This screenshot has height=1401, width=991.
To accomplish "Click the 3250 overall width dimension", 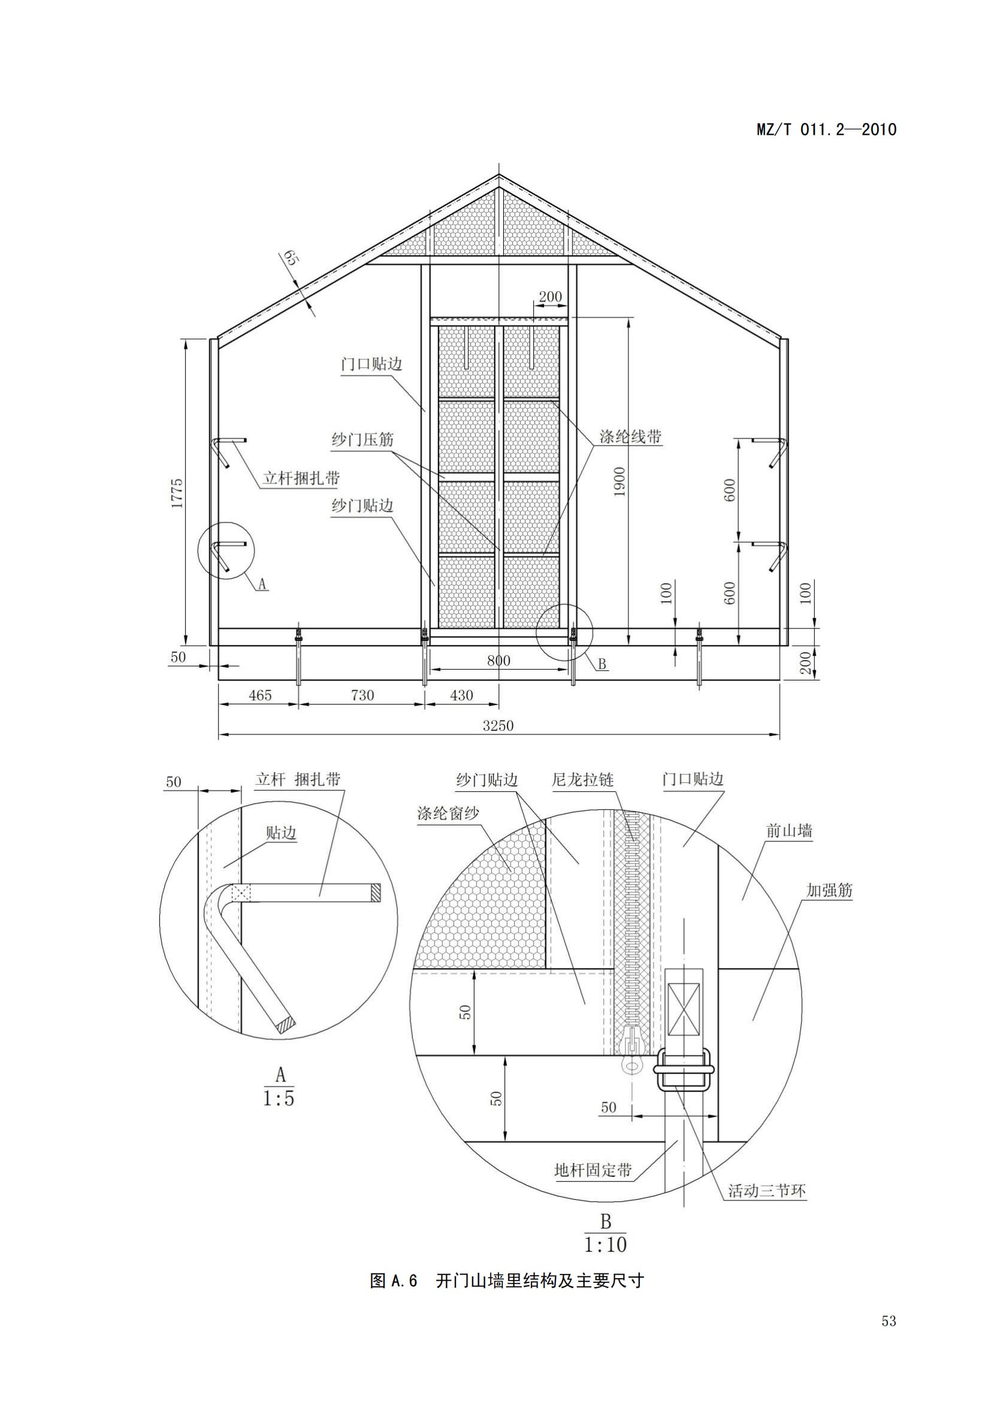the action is point(498,725).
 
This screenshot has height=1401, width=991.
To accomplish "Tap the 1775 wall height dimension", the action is point(177,493).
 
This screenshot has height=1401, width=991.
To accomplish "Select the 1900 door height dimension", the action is point(620,482).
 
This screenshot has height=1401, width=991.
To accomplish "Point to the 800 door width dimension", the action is point(498,660).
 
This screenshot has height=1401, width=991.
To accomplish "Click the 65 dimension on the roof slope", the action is point(290,258).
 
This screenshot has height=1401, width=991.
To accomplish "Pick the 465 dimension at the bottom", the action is point(260,695).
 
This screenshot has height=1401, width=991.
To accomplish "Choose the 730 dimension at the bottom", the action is point(362,695).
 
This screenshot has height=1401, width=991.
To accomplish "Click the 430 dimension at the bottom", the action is point(461,695).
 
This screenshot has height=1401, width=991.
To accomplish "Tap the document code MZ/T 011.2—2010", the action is point(826,129).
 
